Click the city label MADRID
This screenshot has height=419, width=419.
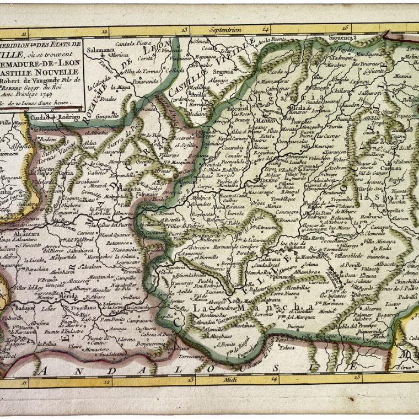tap(266, 122)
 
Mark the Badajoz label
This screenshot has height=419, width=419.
tap(25, 308)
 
